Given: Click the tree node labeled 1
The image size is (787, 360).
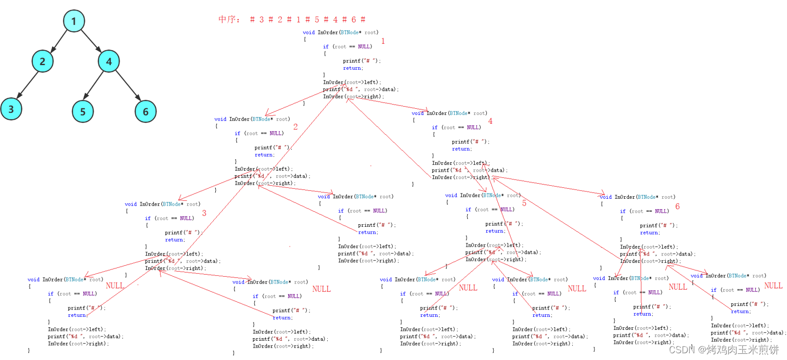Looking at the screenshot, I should [73, 21].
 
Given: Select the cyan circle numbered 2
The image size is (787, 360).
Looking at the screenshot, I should [42, 61].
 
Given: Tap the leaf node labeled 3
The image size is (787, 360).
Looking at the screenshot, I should [11, 110].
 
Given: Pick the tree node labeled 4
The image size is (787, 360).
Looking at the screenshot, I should [109, 61].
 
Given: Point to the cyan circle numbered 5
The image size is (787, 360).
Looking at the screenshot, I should [83, 111].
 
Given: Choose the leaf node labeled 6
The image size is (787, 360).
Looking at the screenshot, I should [145, 111].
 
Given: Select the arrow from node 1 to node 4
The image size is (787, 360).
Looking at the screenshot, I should [91, 41].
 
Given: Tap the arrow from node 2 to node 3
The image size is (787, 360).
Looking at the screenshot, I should [27, 85].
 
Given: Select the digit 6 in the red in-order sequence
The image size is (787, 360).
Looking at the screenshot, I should [353, 20].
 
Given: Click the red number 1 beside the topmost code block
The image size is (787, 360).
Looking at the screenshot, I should [383, 41].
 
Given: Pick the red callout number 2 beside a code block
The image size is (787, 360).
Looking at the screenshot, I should [295, 127].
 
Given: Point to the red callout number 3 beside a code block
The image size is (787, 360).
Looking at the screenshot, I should [204, 213].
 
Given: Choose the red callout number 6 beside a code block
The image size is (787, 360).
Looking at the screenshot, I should [677, 207].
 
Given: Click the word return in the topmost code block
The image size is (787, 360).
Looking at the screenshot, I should [352, 68].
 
